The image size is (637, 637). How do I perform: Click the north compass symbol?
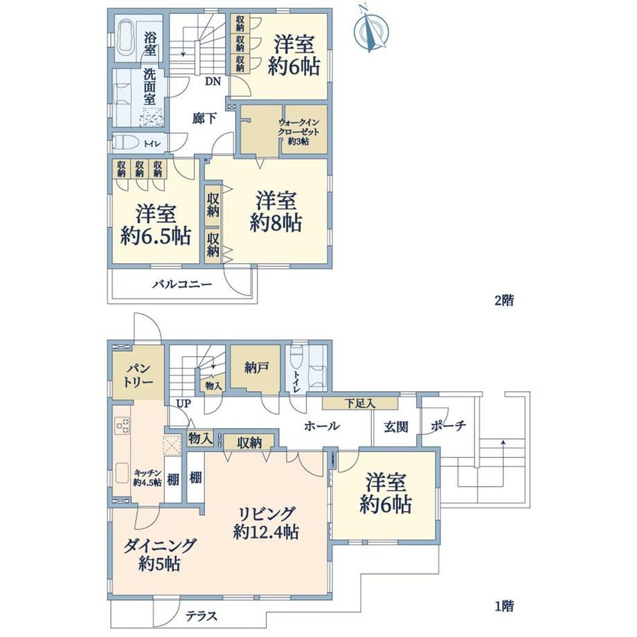pyautogui.click(x=371, y=30)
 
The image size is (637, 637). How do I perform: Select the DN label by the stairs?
pyautogui.click(x=213, y=82)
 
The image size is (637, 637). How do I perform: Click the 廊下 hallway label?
pyautogui.click(x=204, y=118)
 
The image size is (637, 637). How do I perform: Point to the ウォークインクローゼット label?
pyautogui.click(x=298, y=132)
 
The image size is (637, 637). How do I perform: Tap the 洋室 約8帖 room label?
pyautogui.click(x=276, y=212)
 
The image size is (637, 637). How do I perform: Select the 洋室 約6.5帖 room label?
pyautogui.click(x=156, y=226)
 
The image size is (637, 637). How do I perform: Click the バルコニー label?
pyautogui.click(x=182, y=284)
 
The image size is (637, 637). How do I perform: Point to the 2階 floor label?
pyautogui.click(x=504, y=300)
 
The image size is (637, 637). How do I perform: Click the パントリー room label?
pyautogui.click(x=138, y=376)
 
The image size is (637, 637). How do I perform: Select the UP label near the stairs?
pyautogui.click(x=183, y=404)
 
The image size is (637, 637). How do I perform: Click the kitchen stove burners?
pyautogui.click(x=123, y=425)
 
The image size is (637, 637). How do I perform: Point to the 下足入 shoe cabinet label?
pyautogui.click(x=360, y=404)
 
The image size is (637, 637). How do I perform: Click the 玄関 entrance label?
pyautogui.click(x=395, y=427)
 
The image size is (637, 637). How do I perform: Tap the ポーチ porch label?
pyautogui.click(x=448, y=425)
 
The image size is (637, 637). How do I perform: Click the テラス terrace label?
pyautogui.click(x=201, y=616)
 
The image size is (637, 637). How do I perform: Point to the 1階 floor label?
pyautogui.click(x=504, y=606)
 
